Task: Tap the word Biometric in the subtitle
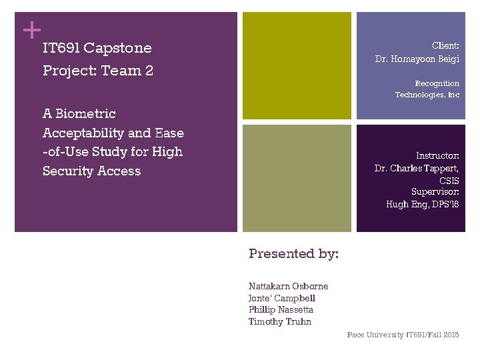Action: coord(86,114)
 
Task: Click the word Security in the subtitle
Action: coord(71,171)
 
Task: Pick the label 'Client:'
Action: coord(445,46)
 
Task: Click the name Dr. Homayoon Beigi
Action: coord(417,59)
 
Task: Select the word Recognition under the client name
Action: coord(437,83)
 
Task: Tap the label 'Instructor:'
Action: coord(437,155)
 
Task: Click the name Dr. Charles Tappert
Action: coord(417,168)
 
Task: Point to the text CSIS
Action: coord(449,180)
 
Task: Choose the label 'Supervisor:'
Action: coord(435,192)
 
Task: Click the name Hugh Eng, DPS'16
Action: coord(423,204)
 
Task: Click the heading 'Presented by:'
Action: coord(293,253)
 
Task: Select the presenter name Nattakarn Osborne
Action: coord(288,286)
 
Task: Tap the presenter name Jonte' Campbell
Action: coord(281,298)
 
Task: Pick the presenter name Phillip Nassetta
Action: coord(281,309)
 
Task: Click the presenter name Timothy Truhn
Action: coord(279,321)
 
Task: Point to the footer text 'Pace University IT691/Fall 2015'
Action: coord(403,335)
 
